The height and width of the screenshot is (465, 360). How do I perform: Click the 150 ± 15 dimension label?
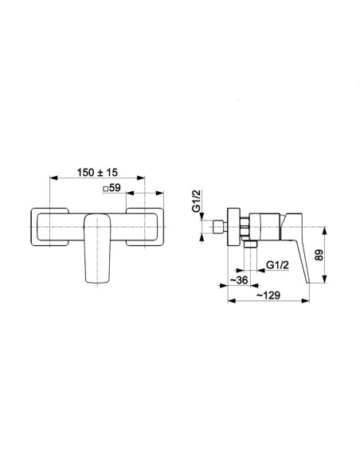[x=97, y=172]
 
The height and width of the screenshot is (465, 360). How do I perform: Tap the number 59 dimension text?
[x=115, y=188]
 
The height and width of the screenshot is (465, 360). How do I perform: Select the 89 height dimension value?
[x=319, y=255]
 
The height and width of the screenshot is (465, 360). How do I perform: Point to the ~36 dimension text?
[x=239, y=279]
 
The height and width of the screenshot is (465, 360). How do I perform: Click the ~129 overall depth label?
[x=268, y=295]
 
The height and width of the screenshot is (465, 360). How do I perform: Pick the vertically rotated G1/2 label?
[x=196, y=201]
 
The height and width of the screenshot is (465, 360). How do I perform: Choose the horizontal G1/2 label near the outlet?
[x=277, y=264]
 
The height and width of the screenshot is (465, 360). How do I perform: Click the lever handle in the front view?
[x=97, y=248]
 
